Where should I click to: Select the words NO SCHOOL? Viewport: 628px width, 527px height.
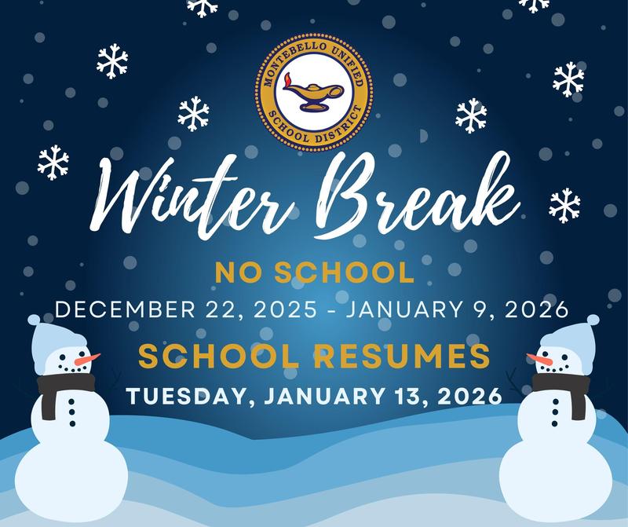tap(314, 273)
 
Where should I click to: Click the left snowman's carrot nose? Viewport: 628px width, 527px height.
tap(86, 359)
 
